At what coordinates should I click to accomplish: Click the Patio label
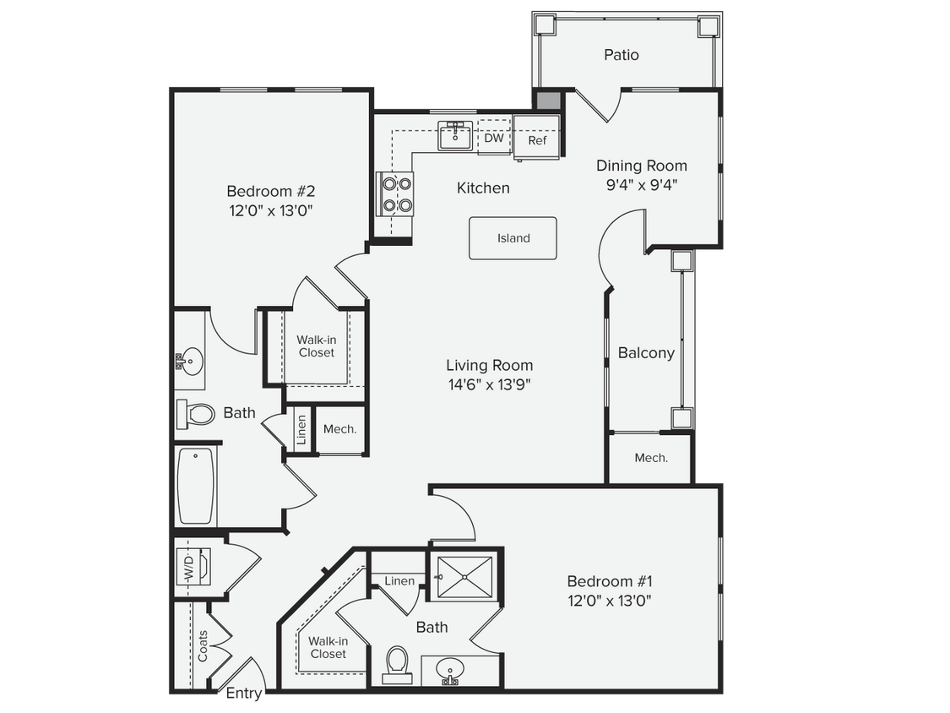coord(621,55)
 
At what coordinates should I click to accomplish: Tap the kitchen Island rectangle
coord(513,238)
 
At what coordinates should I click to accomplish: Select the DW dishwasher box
coord(494,139)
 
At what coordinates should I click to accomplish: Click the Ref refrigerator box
coord(537,140)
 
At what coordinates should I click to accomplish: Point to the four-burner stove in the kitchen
coord(395,193)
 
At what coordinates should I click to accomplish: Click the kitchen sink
coord(456,135)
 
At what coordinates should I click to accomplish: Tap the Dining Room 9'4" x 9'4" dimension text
coord(642,185)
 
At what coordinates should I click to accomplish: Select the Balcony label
coord(646,353)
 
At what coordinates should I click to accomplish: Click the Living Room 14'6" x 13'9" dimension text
coord(490,384)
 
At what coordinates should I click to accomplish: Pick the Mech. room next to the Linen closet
coord(340,429)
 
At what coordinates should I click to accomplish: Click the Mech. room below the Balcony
coord(651,458)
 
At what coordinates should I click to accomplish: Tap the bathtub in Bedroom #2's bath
coord(197,487)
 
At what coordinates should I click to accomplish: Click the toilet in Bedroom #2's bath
coord(197,414)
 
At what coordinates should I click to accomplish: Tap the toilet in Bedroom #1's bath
coord(396,663)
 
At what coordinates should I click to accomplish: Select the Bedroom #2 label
coord(270,191)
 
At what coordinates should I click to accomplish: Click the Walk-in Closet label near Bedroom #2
coord(316,346)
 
